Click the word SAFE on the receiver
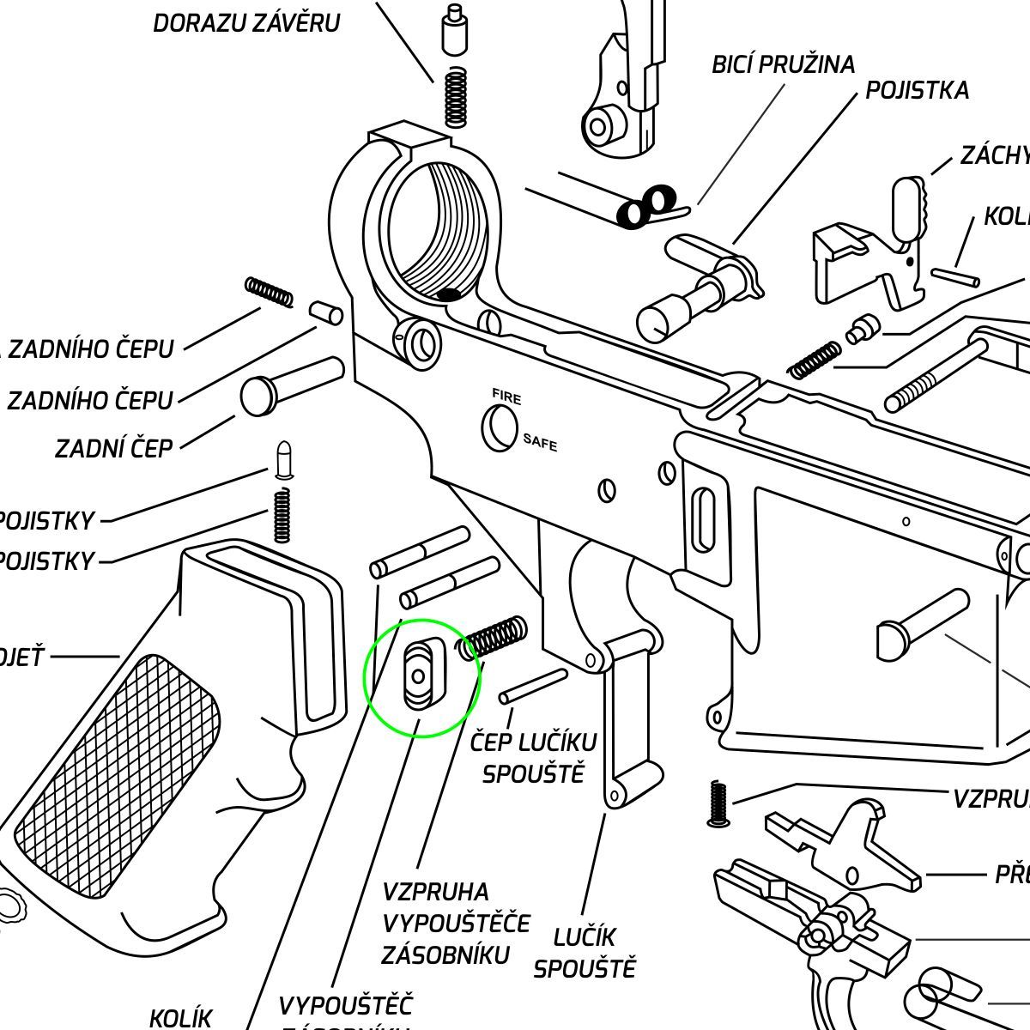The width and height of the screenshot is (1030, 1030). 540,443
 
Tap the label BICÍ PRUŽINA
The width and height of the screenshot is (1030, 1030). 783,64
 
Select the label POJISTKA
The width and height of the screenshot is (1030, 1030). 917,90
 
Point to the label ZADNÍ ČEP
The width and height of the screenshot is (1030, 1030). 113,448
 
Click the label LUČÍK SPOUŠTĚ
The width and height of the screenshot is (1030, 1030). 584,953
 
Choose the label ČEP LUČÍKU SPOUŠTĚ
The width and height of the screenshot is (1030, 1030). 532,757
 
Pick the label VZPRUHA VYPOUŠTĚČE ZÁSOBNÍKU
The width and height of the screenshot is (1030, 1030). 456,924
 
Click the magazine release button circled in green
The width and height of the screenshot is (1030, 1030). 420,676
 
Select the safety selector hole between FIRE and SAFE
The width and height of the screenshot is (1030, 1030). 500,427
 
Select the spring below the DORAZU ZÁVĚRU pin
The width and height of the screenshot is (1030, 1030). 456,96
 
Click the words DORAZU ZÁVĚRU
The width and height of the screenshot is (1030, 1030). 246,23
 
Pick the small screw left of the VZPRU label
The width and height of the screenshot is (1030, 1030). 718,804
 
